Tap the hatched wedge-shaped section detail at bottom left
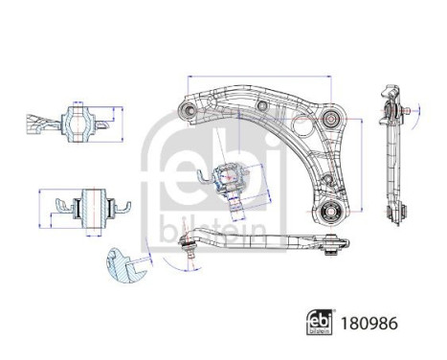click(123, 267)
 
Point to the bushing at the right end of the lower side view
click(332, 245)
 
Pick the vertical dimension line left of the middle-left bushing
click(38, 206)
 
